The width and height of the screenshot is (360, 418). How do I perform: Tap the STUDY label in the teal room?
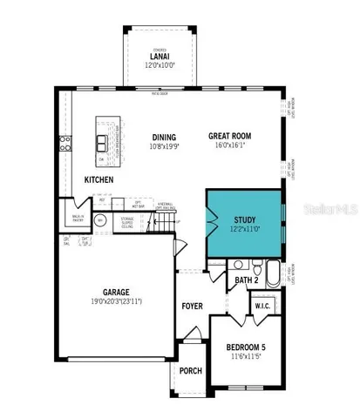click(x=246, y=220)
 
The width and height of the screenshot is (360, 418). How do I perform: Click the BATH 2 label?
click(x=247, y=280)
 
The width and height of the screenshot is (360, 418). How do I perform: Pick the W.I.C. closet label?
click(x=263, y=307)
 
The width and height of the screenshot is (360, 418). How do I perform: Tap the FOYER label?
click(x=192, y=306)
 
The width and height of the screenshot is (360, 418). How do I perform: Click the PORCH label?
click(x=190, y=371)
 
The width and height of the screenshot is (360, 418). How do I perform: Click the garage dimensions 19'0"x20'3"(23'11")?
click(x=113, y=301)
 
